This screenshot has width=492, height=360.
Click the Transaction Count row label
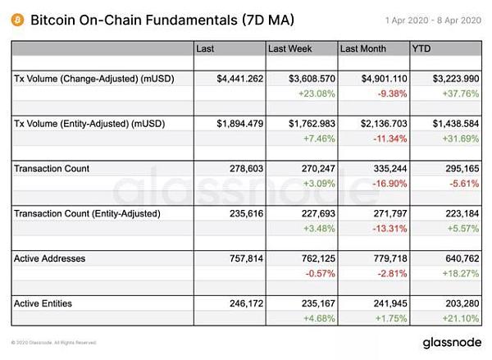[x=52, y=168]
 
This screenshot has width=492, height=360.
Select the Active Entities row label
[x=43, y=303]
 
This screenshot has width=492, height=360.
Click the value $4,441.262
[x=239, y=78]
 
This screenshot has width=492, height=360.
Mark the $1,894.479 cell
[x=239, y=123]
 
